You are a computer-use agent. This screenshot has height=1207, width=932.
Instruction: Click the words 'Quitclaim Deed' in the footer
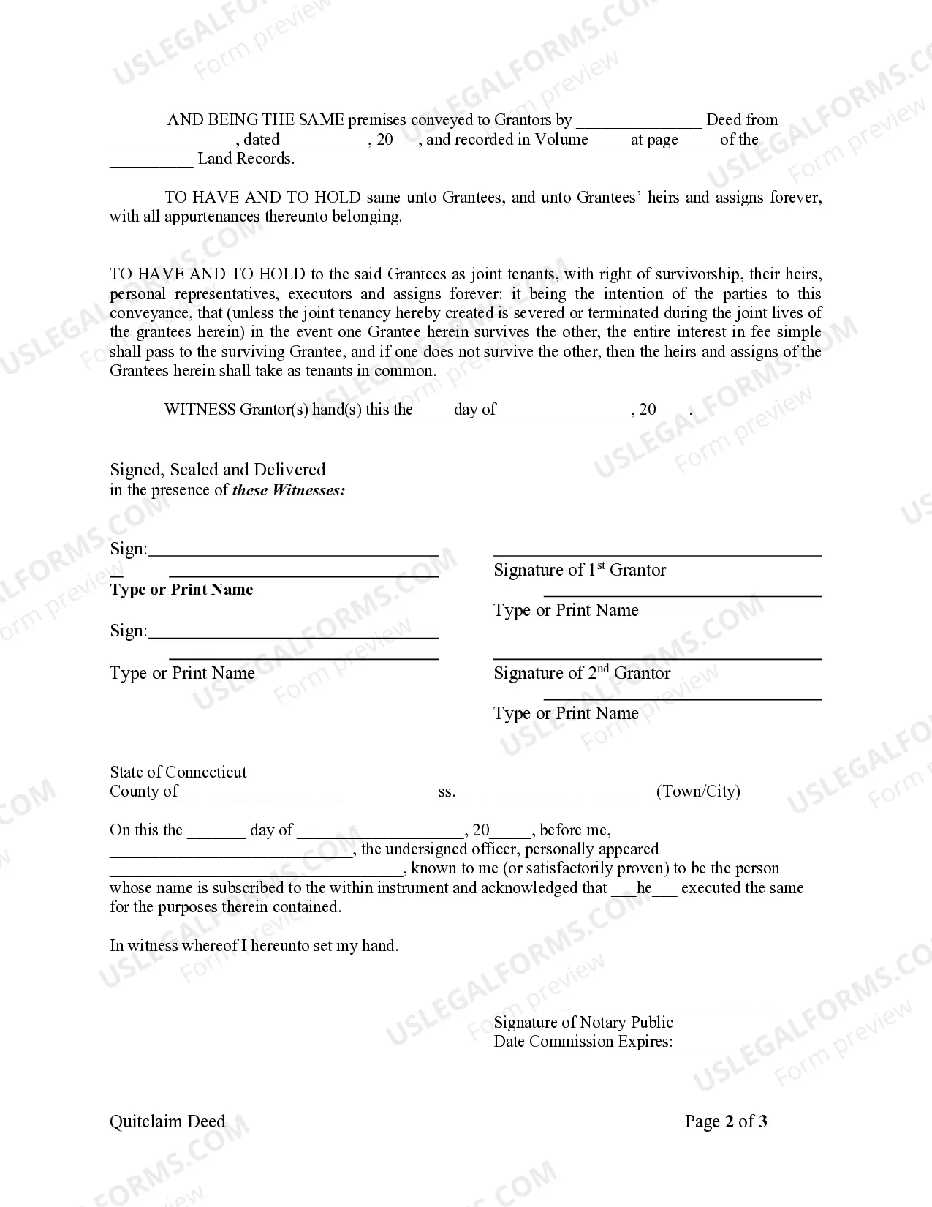pos(167,1121)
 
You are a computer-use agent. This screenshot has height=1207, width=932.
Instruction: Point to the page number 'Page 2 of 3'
pos(725,1121)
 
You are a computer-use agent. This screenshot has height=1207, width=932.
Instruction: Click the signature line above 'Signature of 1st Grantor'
pos(657,555)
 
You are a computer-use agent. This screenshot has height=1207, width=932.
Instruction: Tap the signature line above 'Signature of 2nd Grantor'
pos(657,658)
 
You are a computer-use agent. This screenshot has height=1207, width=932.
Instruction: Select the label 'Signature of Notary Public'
pos(583,1022)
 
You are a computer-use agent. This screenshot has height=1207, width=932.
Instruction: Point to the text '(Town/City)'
pos(698,791)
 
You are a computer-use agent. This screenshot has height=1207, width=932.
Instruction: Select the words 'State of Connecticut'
pos(178,772)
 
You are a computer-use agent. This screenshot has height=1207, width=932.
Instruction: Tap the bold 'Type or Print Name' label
pos(181,590)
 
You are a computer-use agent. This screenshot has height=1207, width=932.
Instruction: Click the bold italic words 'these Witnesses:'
pos(289,490)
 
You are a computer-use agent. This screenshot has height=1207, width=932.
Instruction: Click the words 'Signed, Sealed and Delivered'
pos(218,470)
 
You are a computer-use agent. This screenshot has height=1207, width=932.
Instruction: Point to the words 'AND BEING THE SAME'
pos(256,120)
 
